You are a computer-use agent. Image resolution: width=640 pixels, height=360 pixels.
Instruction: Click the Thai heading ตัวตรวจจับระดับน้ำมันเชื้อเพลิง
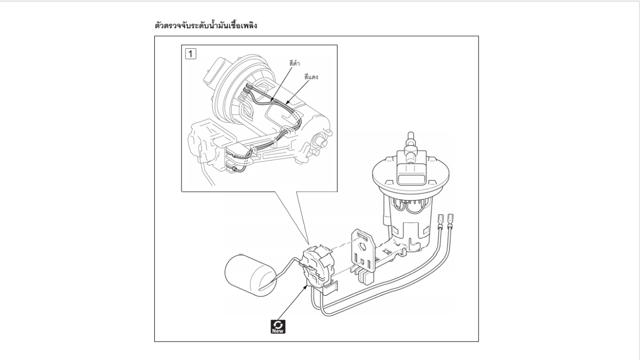(x=206, y=26)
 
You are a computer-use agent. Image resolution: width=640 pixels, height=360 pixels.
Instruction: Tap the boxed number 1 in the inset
(x=191, y=54)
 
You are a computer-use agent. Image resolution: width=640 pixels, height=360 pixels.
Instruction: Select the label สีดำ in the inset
(x=294, y=63)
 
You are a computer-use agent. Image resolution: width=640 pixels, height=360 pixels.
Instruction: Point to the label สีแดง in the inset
(x=311, y=77)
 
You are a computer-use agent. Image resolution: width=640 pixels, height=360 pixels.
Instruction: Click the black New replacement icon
(x=278, y=327)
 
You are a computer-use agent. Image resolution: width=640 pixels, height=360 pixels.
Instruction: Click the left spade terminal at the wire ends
(x=441, y=221)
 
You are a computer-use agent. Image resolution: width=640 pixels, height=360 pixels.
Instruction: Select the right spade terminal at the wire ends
(x=451, y=221)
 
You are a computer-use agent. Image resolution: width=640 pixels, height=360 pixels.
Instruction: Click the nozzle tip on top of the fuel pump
(x=411, y=135)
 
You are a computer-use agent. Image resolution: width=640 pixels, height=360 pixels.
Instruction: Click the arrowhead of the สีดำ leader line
(x=271, y=101)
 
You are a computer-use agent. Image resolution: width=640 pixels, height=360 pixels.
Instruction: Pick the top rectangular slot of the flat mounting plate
(x=363, y=236)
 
